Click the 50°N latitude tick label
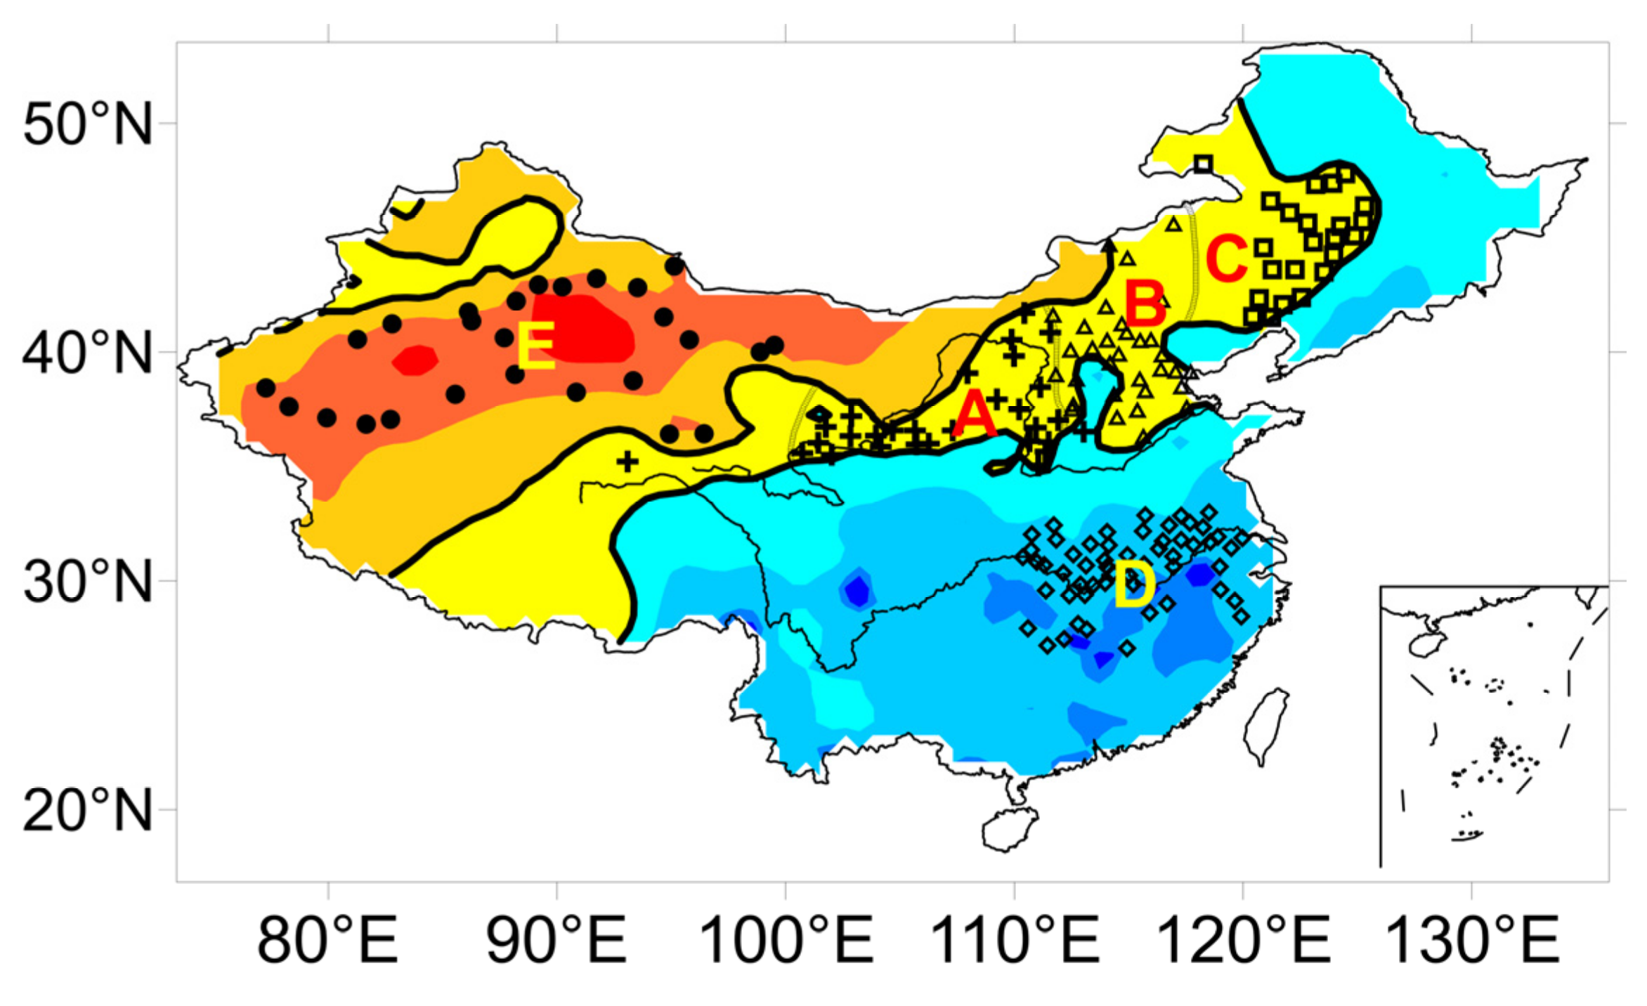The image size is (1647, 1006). [x=87, y=125]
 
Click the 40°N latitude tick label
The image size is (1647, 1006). [x=87, y=353]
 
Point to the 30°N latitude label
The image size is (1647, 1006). [x=87, y=582]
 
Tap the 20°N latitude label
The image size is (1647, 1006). [x=87, y=811]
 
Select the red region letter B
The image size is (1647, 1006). [x=1145, y=303]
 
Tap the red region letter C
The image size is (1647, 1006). [x=1227, y=258]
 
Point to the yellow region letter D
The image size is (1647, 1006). [x=1134, y=585]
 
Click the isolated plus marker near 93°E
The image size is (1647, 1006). [x=628, y=462]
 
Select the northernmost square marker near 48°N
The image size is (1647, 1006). [x=1203, y=164]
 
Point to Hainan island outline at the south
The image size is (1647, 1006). [x=1010, y=829]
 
